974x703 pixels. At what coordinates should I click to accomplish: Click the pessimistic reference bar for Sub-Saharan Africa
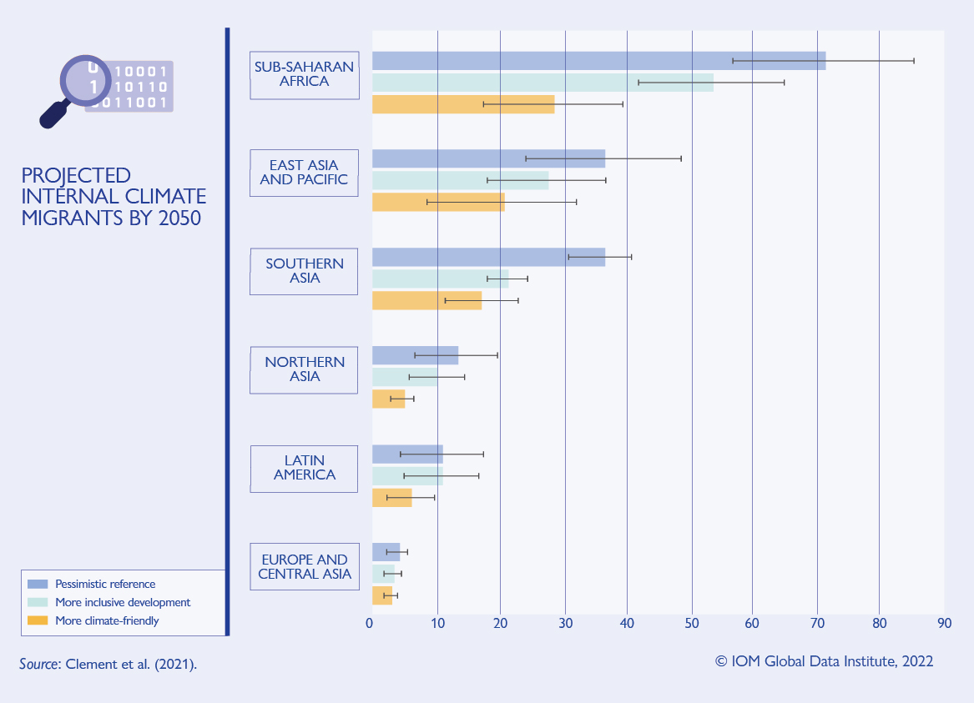click(598, 61)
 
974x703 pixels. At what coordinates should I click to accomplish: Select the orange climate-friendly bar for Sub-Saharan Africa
click(462, 104)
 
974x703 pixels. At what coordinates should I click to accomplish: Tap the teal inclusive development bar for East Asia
click(460, 180)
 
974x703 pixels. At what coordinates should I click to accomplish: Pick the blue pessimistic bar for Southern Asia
click(488, 257)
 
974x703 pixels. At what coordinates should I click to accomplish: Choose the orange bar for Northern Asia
click(388, 399)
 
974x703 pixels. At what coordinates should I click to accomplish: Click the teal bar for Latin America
click(407, 476)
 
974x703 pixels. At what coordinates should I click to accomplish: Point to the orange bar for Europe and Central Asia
click(381, 595)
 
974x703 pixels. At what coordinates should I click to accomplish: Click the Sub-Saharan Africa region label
click(305, 75)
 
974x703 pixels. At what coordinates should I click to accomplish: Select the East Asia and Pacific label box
click(305, 173)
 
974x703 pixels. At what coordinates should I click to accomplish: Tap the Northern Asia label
click(305, 369)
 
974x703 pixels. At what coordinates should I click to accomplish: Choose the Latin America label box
click(305, 468)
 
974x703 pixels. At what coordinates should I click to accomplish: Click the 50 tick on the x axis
click(692, 624)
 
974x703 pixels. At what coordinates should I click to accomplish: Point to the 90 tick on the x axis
click(944, 624)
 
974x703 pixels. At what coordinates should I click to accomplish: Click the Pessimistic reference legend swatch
click(38, 584)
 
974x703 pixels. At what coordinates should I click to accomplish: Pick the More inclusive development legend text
click(123, 602)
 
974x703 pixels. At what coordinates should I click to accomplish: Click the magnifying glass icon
click(75, 88)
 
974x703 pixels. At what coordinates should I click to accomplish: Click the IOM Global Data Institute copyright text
click(824, 661)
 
